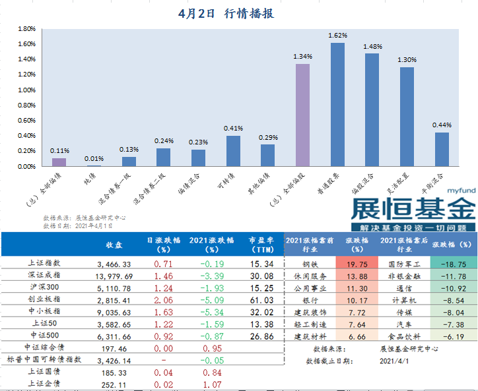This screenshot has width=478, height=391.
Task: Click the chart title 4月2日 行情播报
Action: [226, 13]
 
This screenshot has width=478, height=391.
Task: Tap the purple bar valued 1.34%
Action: [302, 115]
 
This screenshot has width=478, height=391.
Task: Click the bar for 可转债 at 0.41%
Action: [233, 151]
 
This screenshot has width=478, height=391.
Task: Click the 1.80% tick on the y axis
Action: [26, 29]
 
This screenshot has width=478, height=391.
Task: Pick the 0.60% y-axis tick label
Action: [26, 121]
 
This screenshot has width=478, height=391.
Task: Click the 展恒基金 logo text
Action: [413, 210]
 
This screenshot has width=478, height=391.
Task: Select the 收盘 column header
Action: [114, 245]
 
